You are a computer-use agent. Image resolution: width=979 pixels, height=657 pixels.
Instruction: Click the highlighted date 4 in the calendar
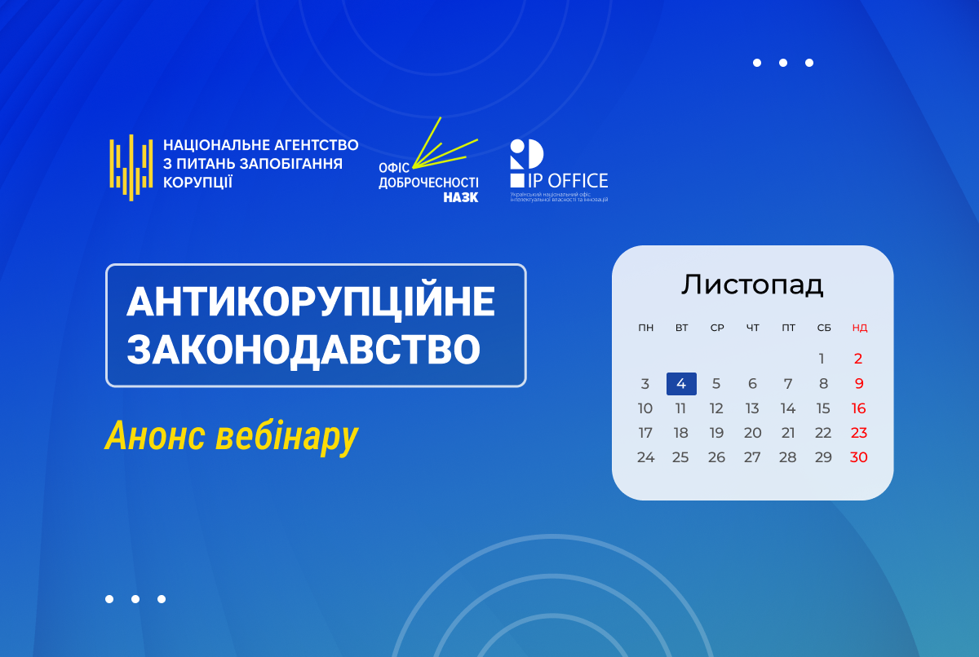(x=681, y=384)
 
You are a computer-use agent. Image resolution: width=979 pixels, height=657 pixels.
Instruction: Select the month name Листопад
(x=752, y=284)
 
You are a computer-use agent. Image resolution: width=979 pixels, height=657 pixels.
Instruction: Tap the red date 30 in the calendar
(x=858, y=457)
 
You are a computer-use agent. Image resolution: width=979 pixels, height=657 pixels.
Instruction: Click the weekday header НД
(x=859, y=328)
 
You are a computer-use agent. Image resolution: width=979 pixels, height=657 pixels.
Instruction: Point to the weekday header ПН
(x=646, y=328)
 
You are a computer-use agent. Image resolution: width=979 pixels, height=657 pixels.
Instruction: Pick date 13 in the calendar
(x=752, y=408)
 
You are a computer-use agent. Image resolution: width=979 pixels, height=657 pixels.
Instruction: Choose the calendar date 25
(x=680, y=457)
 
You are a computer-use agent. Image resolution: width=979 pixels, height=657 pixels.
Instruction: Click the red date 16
(x=858, y=408)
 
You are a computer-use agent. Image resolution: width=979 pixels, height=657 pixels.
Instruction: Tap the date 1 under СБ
(x=822, y=359)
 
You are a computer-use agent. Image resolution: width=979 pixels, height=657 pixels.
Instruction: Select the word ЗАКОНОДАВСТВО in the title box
(x=303, y=350)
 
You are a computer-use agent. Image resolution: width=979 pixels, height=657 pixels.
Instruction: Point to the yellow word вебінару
(x=286, y=437)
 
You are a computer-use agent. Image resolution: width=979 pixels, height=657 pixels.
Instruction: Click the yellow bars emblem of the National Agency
(x=131, y=168)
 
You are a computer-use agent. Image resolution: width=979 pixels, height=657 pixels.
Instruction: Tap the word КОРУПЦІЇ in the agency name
(x=197, y=183)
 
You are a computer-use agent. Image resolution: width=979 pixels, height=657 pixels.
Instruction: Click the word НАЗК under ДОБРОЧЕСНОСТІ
(x=460, y=197)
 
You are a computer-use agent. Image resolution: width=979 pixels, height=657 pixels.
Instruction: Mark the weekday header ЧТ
(x=752, y=328)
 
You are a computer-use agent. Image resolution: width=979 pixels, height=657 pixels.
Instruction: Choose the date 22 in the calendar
(x=823, y=433)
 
